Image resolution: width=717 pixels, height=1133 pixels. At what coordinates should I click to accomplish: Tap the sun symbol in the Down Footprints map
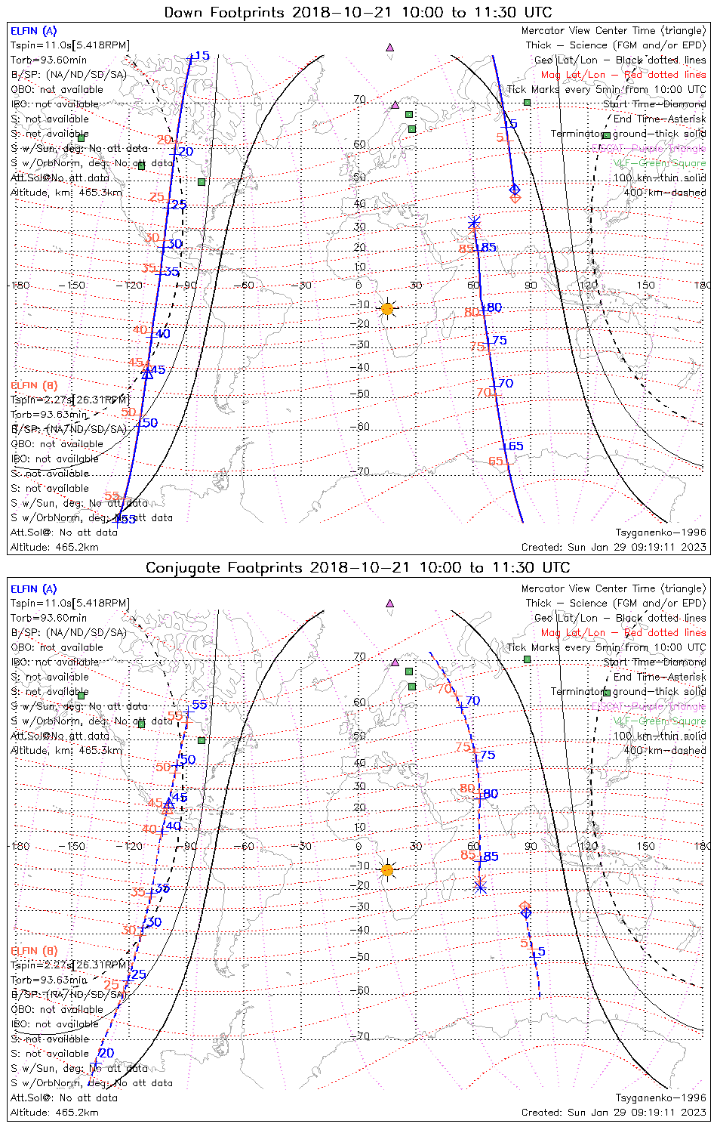[x=387, y=308]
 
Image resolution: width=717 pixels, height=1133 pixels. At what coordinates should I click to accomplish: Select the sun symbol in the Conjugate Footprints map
[x=387, y=870]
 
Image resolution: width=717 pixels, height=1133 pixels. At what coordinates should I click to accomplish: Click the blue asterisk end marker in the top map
[x=474, y=222]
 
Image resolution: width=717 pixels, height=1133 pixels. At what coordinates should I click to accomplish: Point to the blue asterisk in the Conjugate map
[x=480, y=887]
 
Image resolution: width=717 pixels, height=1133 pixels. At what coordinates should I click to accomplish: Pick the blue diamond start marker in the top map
[x=515, y=189]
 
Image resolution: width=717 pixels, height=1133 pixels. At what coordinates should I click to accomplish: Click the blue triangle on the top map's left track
[x=148, y=372]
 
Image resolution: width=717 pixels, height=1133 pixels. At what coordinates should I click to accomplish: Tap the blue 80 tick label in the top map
[x=494, y=307]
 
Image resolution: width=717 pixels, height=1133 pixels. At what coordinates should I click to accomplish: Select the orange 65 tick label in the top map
[x=495, y=462]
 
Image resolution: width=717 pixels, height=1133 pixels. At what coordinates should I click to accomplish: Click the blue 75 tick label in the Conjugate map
[x=488, y=755]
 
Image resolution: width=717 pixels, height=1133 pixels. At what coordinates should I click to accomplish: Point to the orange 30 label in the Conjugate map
[x=128, y=930]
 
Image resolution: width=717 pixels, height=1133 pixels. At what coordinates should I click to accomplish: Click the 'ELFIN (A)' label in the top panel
[x=33, y=31]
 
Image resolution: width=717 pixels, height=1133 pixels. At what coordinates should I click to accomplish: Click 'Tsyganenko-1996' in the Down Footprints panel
[x=660, y=533]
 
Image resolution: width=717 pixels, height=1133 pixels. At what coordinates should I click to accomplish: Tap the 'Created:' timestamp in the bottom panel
[x=614, y=1112]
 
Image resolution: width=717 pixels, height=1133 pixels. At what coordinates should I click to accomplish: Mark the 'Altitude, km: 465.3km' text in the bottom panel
[x=66, y=750]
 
